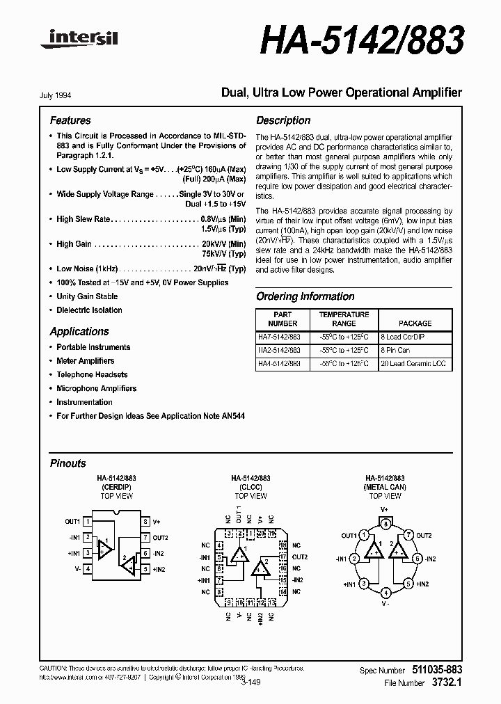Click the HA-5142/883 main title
tap(361, 41)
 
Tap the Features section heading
tap(70, 120)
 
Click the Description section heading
tap(283, 120)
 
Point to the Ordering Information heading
tap(305, 296)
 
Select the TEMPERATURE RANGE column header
tap(344, 319)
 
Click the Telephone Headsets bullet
tap(92, 374)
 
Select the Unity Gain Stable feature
tap(87, 296)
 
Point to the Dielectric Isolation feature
tap(88, 310)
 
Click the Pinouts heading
tap(68, 463)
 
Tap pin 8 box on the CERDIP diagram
tap(145, 521)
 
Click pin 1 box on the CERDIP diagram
tap(87, 521)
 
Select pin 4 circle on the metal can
tap(385, 593)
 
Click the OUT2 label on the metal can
tap(423, 536)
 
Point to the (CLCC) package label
tap(250, 488)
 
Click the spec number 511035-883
tap(434, 670)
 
